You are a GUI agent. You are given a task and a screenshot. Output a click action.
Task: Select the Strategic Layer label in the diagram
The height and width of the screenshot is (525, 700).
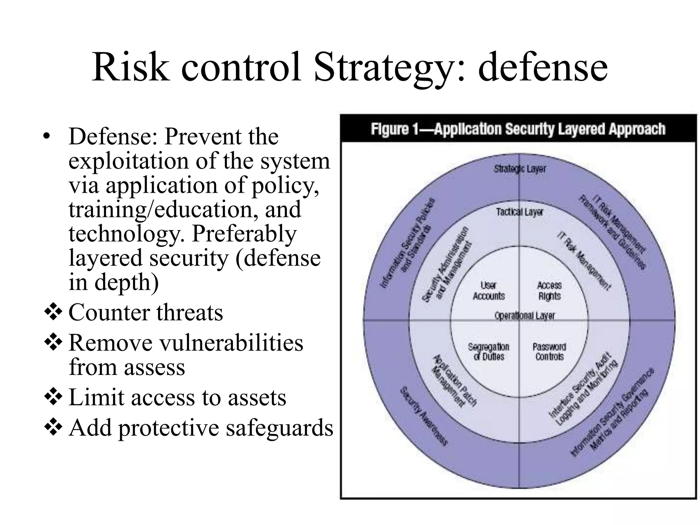[520, 169]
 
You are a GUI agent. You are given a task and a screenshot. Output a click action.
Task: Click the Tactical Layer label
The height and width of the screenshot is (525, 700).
[520, 212]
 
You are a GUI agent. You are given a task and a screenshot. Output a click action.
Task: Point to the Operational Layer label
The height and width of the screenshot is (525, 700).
[525, 315]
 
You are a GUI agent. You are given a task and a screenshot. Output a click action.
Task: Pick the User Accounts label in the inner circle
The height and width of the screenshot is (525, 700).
[489, 291]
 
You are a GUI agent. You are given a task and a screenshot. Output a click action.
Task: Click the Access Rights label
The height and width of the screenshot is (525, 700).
[549, 291]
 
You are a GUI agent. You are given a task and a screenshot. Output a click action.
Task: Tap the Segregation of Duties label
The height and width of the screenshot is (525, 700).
[489, 352]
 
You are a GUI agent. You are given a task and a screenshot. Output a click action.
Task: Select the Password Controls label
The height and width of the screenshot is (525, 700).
[549, 352]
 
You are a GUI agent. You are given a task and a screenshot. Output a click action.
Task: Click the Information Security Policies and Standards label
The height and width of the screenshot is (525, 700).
[407, 243]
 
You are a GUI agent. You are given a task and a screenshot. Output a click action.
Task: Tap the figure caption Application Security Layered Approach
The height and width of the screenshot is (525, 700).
[518, 129]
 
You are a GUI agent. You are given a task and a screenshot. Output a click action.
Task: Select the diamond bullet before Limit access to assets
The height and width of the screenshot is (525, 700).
[53, 397]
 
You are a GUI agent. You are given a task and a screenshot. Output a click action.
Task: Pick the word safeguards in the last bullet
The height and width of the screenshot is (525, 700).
[279, 428]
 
